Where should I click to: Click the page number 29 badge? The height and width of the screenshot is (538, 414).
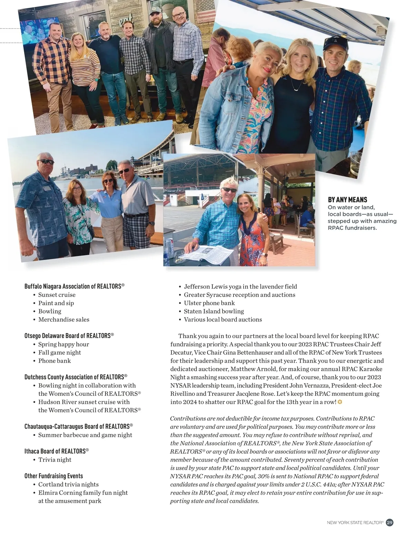(x=390, y=522)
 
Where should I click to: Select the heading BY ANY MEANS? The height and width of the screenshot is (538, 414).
(x=347, y=200)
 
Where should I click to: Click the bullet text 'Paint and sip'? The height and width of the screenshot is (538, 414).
(x=56, y=303)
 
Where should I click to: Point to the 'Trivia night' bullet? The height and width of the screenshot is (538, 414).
(x=55, y=460)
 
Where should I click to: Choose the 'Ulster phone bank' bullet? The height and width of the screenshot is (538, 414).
(x=209, y=303)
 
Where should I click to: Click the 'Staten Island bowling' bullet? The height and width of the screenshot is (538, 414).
(x=214, y=311)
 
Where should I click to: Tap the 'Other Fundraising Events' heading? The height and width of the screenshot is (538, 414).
(x=53, y=476)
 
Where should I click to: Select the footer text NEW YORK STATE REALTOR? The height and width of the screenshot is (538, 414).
(x=355, y=523)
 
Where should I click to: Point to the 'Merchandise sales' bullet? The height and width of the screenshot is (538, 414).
(x=63, y=319)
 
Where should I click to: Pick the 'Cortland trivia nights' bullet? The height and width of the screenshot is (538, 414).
(x=68, y=484)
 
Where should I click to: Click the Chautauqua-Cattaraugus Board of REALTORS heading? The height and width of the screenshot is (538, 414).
(x=79, y=426)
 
